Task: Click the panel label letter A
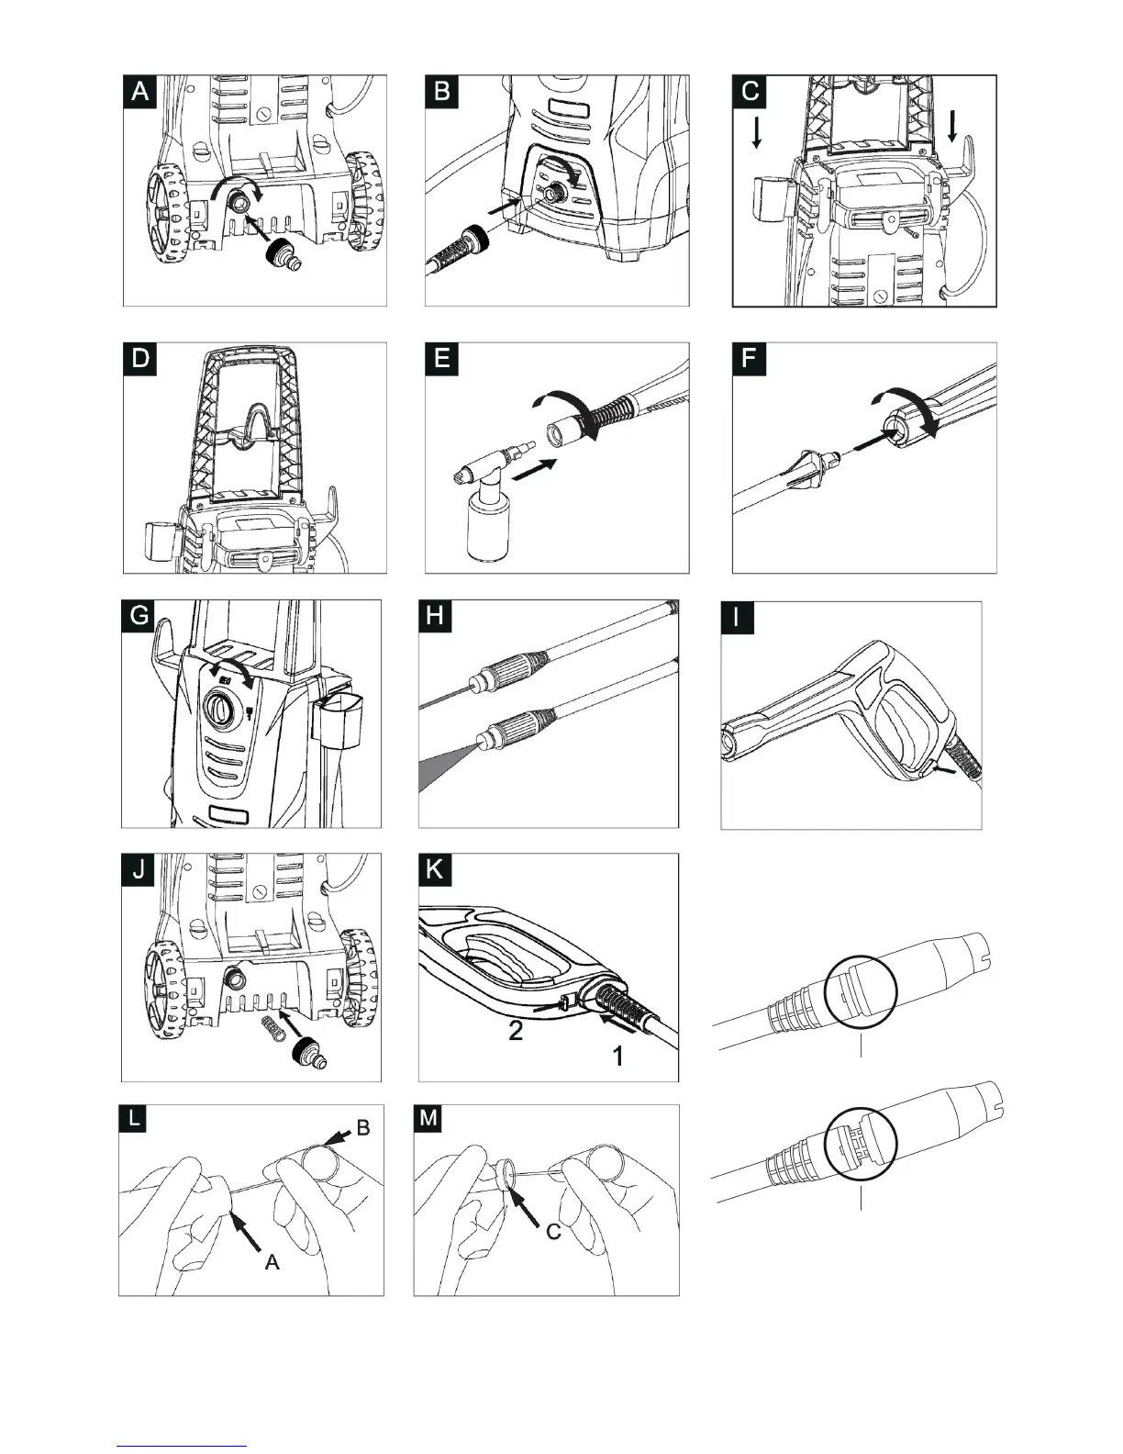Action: [140, 93]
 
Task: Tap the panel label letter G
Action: [139, 616]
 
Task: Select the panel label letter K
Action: [435, 869]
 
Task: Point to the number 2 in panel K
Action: [516, 1032]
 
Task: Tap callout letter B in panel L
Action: [363, 1128]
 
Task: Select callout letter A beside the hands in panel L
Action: [272, 1262]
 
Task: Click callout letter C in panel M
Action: [554, 1232]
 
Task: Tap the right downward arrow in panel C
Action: [953, 125]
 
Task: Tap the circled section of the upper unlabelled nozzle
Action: [861, 990]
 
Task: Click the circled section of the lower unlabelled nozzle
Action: [861, 1141]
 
